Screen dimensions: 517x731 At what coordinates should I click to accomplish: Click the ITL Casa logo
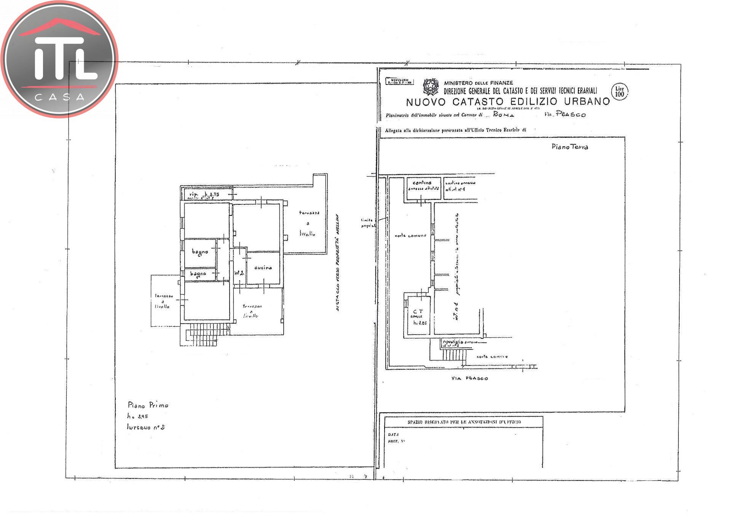pyautogui.click(x=59, y=59)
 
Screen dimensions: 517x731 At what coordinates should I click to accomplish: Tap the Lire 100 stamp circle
pyautogui.click(x=619, y=92)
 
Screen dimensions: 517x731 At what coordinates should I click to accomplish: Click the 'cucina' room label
pyautogui.click(x=263, y=268)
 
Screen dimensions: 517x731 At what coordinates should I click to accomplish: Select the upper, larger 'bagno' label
pyautogui.click(x=200, y=252)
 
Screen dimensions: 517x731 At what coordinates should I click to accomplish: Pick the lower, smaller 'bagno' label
pyautogui.click(x=198, y=274)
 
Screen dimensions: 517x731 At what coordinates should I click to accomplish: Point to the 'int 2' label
pyautogui.click(x=239, y=273)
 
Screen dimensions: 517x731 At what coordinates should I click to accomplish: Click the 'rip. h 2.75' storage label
pyautogui.click(x=204, y=195)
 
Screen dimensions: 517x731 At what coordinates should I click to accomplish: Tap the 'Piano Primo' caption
pyautogui.click(x=148, y=405)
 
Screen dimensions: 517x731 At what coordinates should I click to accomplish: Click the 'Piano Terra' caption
pyautogui.click(x=570, y=147)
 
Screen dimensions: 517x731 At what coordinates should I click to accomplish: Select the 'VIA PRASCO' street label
pyautogui.click(x=469, y=378)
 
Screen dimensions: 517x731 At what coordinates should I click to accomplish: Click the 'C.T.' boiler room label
pyautogui.click(x=418, y=312)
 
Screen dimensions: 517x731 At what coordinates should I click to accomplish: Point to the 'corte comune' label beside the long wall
pyautogui.click(x=410, y=236)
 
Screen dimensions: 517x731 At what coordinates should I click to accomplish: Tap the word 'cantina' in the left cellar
pyautogui.click(x=422, y=183)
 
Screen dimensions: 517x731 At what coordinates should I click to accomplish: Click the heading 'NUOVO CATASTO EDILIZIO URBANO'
pyautogui.click(x=508, y=102)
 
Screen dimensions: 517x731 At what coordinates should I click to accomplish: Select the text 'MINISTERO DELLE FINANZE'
pyautogui.click(x=478, y=83)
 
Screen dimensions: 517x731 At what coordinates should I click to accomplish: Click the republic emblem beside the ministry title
pyautogui.click(x=431, y=87)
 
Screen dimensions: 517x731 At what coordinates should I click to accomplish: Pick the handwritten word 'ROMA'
pyautogui.click(x=503, y=114)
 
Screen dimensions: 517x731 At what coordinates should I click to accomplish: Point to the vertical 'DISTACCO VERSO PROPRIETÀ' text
pyautogui.click(x=338, y=263)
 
